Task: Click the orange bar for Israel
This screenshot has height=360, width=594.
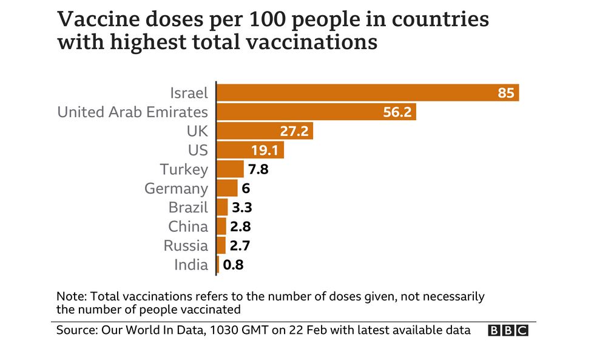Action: [x=364, y=93]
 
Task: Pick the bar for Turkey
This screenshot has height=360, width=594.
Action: [x=230, y=169]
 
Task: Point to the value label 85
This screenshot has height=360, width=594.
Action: [x=506, y=93]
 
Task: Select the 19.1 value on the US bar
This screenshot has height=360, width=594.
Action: [x=265, y=150]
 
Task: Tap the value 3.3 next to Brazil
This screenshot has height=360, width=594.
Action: [x=241, y=207]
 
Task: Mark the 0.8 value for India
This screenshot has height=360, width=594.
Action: [x=233, y=265]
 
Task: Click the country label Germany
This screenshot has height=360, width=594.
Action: [x=176, y=188]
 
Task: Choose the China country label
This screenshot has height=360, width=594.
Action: [x=188, y=226]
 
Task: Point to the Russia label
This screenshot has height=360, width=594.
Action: [x=186, y=246]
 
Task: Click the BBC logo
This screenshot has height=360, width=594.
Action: [x=508, y=331]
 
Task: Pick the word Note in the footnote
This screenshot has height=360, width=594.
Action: [x=70, y=297]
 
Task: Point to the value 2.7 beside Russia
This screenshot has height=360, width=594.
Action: [x=240, y=246]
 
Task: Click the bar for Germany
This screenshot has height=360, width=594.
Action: [x=228, y=188]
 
